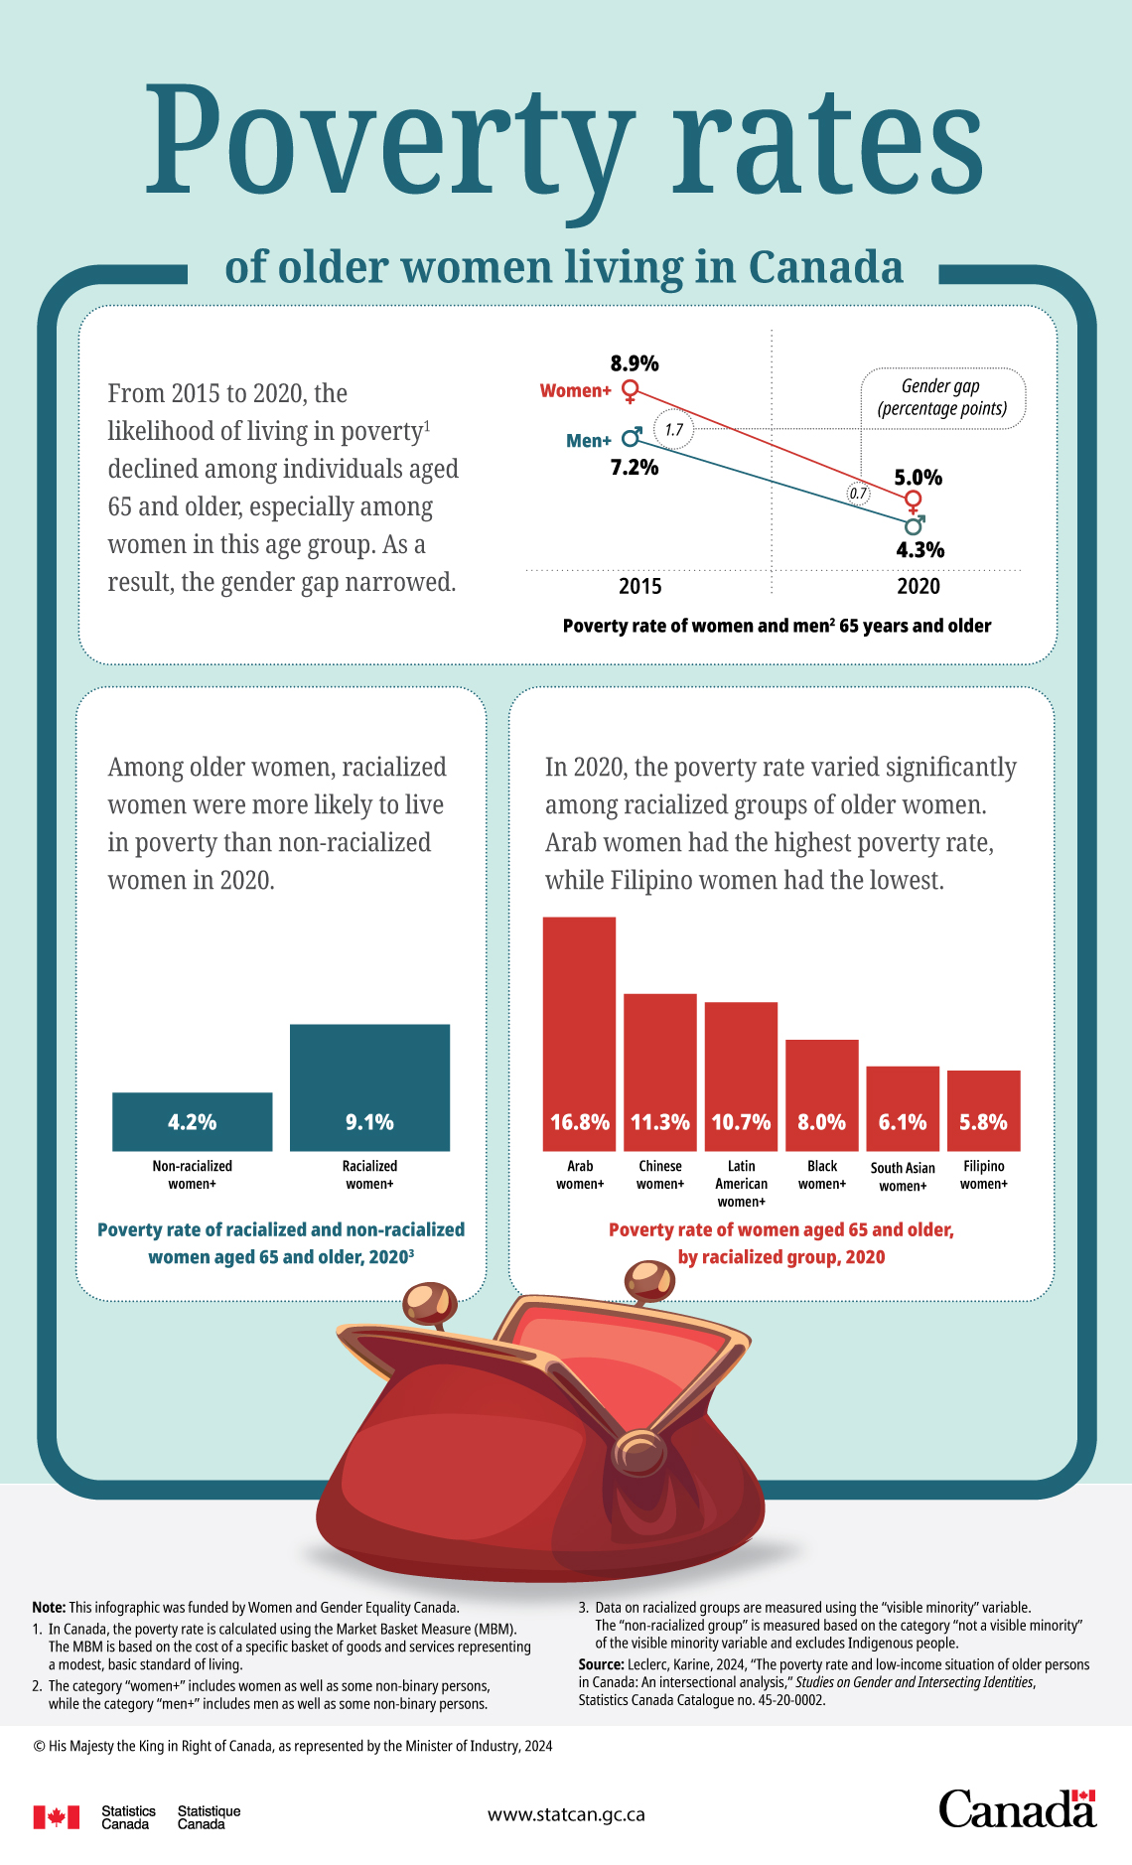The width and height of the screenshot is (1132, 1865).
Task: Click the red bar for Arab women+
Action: point(579,1033)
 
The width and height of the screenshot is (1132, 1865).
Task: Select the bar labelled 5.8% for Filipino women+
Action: point(983,1110)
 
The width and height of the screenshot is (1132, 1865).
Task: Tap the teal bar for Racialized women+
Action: point(369,1086)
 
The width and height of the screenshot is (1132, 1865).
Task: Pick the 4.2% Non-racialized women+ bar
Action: point(192,1121)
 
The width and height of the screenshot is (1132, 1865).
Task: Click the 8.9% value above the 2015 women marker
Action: point(635,363)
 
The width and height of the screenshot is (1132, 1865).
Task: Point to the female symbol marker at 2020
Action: point(914,501)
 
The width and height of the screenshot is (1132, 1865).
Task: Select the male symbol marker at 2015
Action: point(632,437)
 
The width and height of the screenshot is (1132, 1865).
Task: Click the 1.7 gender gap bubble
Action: point(674,430)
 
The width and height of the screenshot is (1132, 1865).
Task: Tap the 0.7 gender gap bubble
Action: point(858,493)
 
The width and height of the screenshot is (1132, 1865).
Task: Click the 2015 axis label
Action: point(639,586)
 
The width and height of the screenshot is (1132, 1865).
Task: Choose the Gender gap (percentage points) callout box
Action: point(941,398)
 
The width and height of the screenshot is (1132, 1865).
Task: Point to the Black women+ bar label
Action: point(822,1175)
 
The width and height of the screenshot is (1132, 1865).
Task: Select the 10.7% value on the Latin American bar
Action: point(741,1122)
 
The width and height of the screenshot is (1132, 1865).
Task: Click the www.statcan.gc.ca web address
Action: point(566,1814)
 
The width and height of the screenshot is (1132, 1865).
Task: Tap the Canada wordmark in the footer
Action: point(1017,1809)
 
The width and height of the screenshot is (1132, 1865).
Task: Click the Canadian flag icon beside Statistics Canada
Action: point(56,1817)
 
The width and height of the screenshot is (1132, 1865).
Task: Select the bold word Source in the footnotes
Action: point(600,1664)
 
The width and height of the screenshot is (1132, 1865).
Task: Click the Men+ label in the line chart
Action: point(588,441)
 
